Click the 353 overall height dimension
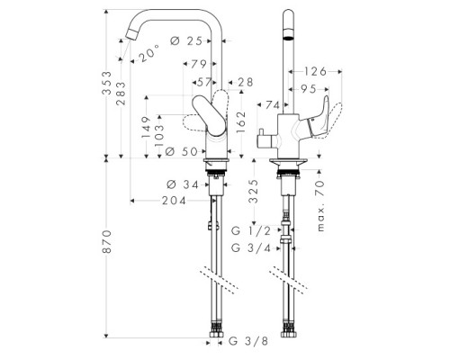click(106, 83)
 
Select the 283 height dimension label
click(121, 94)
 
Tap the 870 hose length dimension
click(106, 242)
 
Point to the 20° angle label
click(149, 53)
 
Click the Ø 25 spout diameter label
click(186, 41)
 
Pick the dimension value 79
click(199, 64)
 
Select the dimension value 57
click(203, 82)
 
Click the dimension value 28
click(245, 82)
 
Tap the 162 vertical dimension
click(241, 122)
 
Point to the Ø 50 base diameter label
click(181, 151)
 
